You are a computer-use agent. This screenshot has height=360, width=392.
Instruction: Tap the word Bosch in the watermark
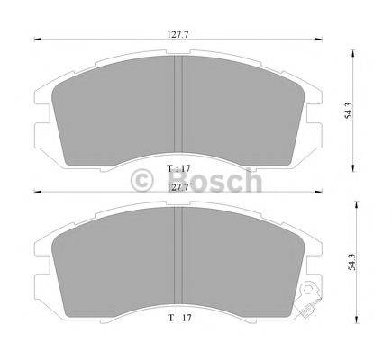tap(214, 181)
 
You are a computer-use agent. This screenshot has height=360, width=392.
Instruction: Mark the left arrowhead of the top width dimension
tap(37, 39)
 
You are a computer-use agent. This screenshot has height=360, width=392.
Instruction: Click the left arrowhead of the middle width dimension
tap(37, 193)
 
